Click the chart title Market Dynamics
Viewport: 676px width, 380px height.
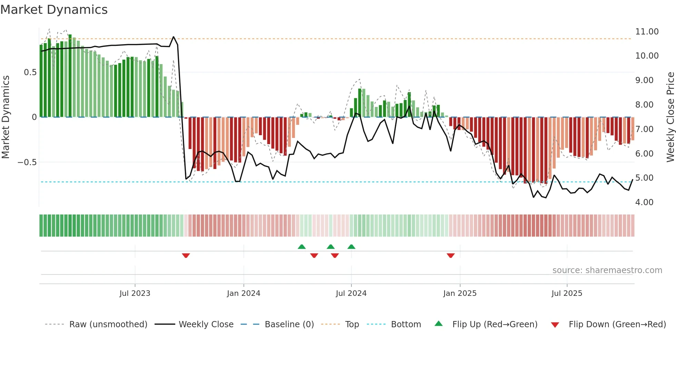(54, 10)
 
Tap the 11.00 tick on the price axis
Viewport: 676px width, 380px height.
(647, 32)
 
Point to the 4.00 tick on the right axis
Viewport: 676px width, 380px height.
(644, 202)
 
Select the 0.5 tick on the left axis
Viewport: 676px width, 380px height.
(30, 72)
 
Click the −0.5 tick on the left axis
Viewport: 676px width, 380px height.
(27, 162)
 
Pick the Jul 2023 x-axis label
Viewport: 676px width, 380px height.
(135, 293)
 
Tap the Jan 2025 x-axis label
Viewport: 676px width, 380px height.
(460, 293)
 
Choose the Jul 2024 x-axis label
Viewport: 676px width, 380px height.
(351, 293)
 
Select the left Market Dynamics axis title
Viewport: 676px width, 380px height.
(6, 117)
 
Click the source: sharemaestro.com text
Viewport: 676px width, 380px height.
(607, 270)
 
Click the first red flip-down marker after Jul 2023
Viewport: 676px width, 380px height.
(186, 256)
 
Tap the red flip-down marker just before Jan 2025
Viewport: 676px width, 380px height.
(450, 256)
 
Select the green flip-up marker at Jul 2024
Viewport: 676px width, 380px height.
(351, 247)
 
